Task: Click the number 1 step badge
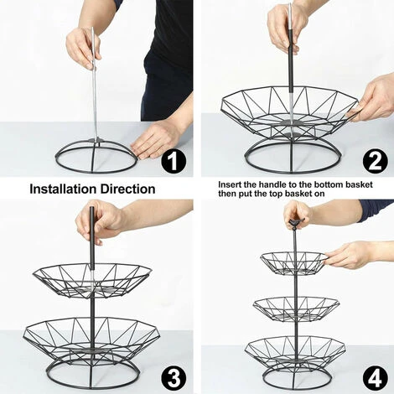point(174,161)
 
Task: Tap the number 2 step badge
point(376,161)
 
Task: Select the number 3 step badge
point(174,378)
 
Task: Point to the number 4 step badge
point(376,378)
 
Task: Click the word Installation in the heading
point(64,189)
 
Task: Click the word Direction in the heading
point(128,189)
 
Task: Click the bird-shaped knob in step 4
point(295,223)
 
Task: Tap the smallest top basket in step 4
point(293,262)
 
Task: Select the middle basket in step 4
point(296,308)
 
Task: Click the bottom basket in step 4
point(295,354)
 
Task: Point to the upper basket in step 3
point(92,280)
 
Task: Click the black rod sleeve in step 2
point(291,69)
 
